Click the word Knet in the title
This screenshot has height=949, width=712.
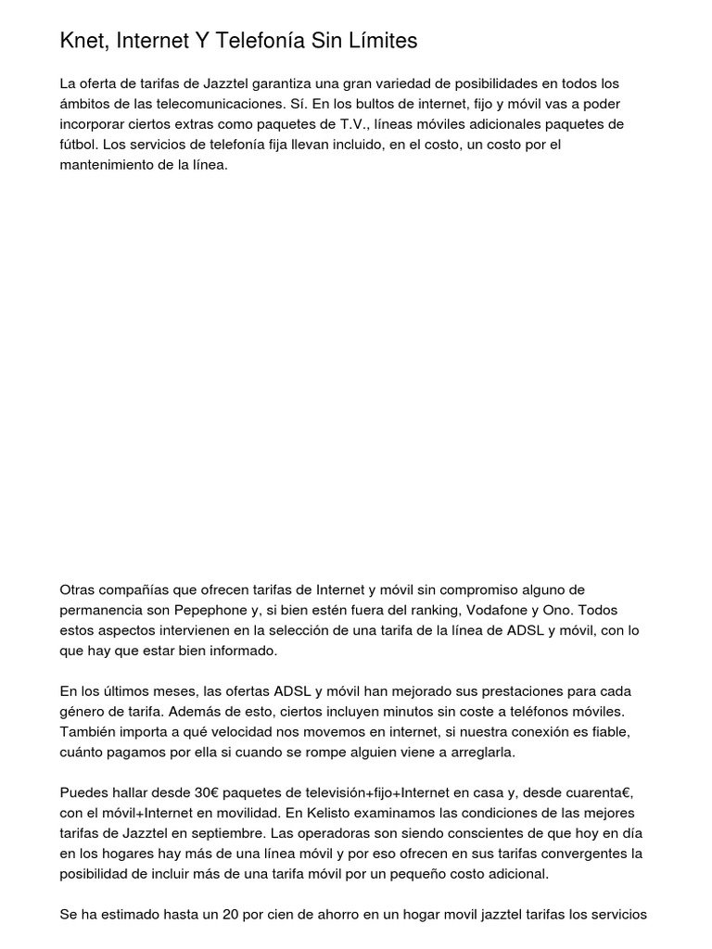click(x=83, y=42)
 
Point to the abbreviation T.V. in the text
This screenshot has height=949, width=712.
click(x=347, y=124)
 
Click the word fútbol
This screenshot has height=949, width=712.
click(x=79, y=145)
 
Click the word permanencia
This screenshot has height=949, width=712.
click(x=100, y=611)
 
